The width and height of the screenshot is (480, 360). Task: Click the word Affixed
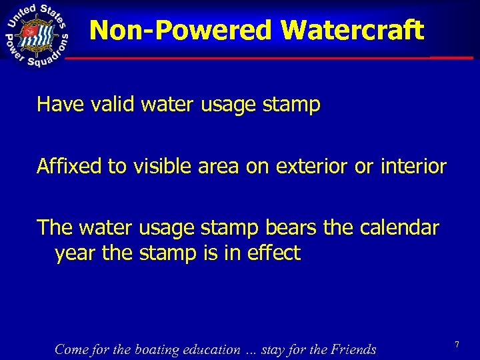click(70, 166)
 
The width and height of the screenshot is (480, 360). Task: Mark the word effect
click(275, 253)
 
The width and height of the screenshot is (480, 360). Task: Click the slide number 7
click(457, 345)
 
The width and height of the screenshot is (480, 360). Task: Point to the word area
click(219, 166)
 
